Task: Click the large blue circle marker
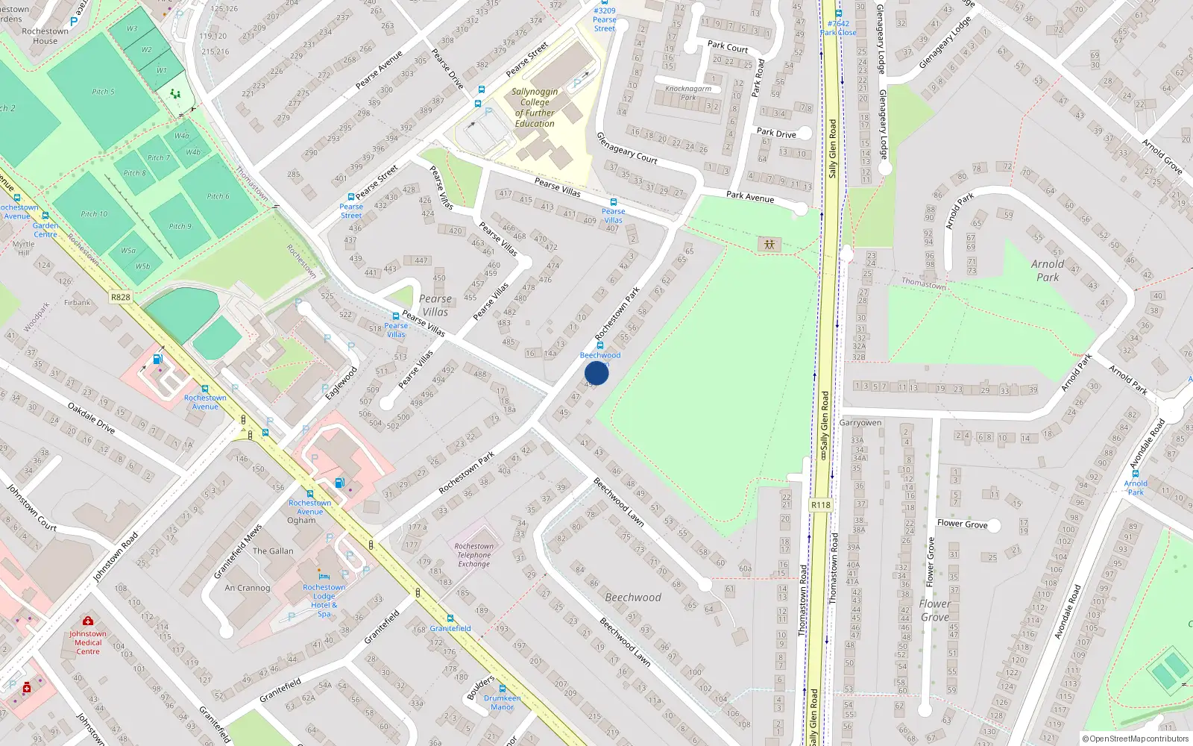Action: coord(596,373)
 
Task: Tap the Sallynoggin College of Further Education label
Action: coord(534,107)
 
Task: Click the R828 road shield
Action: coord(120,297)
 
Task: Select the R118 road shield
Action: coord(820,505)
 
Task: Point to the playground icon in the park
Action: coord(769,244)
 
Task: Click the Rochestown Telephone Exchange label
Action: coord(474,555)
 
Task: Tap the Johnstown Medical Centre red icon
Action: coord(88,621)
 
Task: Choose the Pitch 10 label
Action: coord(94,214)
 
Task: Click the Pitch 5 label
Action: coord(103,92)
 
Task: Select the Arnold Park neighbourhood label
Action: coord(1047,270)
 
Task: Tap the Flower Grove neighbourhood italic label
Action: coord(934,610)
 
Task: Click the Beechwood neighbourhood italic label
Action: coord(632,598)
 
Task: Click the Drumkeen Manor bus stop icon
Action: coord(502,689)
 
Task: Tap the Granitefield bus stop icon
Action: coord(450,618)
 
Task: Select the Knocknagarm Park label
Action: coord(687,93)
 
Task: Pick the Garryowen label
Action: coord(860,422)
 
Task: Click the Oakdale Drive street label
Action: coord(91,418)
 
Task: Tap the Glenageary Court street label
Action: coord(626,148)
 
